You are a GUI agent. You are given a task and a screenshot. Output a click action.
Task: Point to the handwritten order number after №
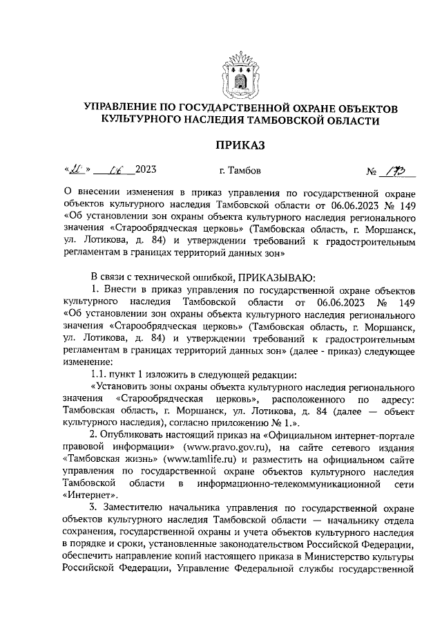(399, 169)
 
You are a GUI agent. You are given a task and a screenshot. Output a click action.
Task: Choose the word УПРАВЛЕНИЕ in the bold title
(125, 109)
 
